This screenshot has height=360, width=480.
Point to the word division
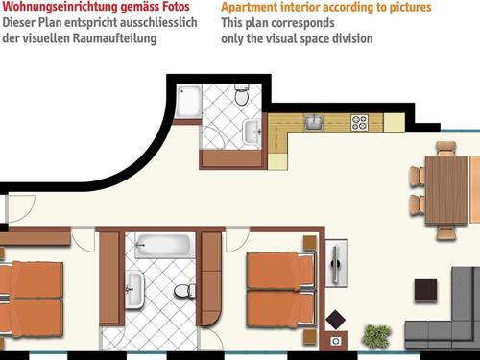[x=350, y=39]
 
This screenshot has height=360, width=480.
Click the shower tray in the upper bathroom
[x=188, y=98]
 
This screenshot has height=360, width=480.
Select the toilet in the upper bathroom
[x=242, y=96]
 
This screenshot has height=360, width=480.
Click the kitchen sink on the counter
[x=313, y=122]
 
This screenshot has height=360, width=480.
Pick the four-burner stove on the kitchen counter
[x=360, y=122]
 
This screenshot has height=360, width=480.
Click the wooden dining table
[x=445, y=189]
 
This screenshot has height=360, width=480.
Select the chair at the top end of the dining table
[x=445, y=148]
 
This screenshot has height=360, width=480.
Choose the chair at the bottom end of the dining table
[x=446, y=230]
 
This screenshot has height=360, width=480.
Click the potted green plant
[x=376, y=335]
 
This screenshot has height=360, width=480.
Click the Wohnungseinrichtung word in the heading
[x=47, y=8]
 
